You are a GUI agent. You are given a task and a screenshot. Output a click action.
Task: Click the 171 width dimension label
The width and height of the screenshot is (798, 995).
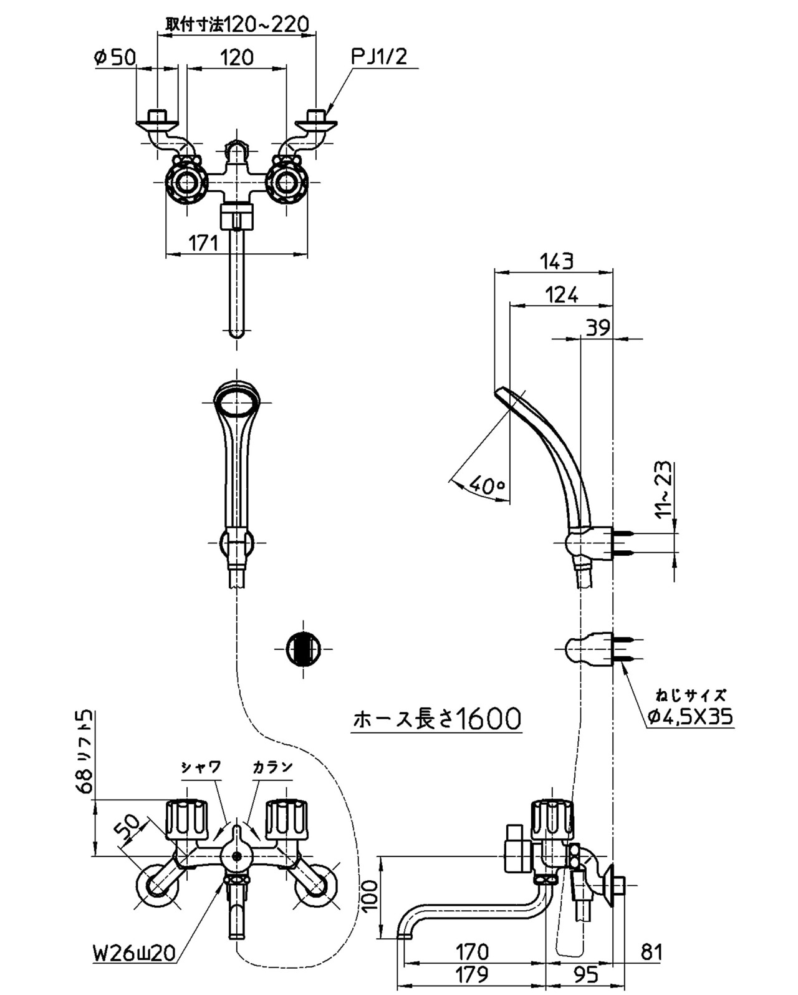tap(203, 243)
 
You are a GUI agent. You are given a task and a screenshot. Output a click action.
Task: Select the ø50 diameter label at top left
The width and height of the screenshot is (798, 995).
tap(115, 57)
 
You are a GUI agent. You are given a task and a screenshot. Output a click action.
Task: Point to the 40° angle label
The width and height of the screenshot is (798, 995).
tap(487, 485)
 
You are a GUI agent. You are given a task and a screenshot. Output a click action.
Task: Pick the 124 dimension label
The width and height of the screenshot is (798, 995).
tap(562, 295)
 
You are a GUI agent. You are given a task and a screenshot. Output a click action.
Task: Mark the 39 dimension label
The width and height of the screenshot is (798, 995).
tap(598, 328)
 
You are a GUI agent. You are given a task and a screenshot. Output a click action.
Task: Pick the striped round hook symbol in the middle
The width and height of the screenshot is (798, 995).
tap(303, 649)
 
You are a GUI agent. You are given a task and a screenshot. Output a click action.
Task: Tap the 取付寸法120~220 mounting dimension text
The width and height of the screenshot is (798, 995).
tap(237, 24)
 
